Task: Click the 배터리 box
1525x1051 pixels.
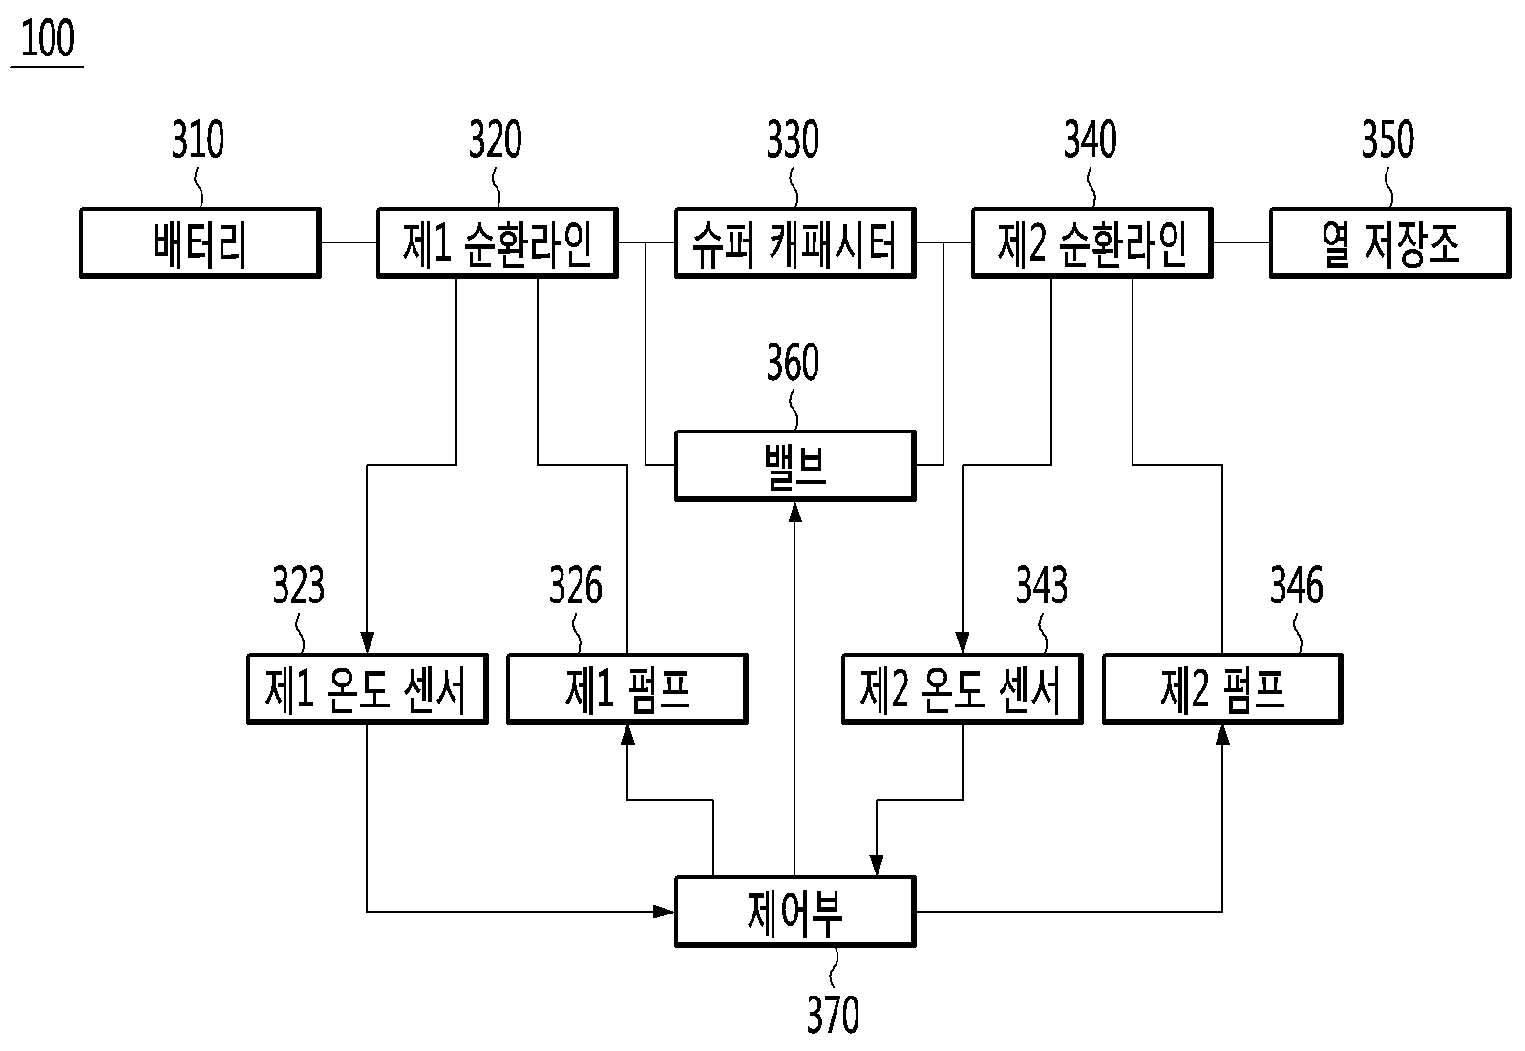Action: coord(200,243)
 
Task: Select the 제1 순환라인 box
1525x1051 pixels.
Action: coord(497,243)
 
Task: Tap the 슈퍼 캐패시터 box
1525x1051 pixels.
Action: coord(794,243)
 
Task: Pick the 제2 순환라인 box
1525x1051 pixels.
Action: coord(1091,243)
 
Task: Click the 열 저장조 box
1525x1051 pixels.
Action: coord(1389,243)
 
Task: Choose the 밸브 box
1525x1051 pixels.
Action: coord(794,466)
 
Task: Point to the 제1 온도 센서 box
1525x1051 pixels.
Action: coord(367,688)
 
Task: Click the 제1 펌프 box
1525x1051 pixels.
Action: coord(626,688)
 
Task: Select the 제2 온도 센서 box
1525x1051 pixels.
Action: coord(962,688)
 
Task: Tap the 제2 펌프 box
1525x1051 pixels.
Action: coord(1222,688)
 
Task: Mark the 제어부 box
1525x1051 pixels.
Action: coord(794,912)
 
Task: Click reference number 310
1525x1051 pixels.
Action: coord(198,140)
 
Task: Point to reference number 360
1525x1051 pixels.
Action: coord(793,364)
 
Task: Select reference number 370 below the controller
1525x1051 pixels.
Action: coord(833,1015)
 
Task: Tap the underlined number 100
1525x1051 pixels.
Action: coord(47,40)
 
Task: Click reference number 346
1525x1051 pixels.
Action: coord(1296,586)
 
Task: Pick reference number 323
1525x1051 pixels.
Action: coord(298,586)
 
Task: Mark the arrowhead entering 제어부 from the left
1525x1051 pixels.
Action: coord(665,912)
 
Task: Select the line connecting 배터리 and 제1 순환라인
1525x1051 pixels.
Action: coord(349,243)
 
